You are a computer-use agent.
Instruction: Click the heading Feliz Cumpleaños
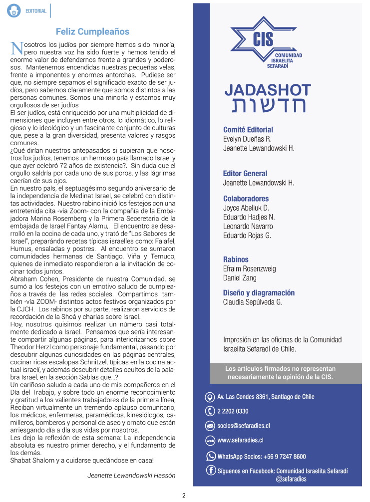[92, 31]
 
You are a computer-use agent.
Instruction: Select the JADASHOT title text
[268, 90]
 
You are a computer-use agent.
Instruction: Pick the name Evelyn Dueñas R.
[247, 139]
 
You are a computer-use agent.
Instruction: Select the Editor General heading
[245, 174]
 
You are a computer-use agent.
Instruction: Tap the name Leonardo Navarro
[248, 226]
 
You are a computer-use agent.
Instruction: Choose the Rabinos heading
[236, 259]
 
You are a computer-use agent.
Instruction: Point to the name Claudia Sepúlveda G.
[253, 302]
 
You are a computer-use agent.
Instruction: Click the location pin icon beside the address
[210, 397]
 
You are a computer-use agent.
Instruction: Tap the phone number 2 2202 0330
[233, 412]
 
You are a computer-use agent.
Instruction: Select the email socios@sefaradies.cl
[244, 426]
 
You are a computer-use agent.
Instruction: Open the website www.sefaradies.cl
[240, 441]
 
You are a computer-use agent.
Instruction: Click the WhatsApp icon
[211, 456]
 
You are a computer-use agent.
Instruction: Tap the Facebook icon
[211, 471]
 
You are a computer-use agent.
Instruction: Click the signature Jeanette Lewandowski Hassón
[131, 476]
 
